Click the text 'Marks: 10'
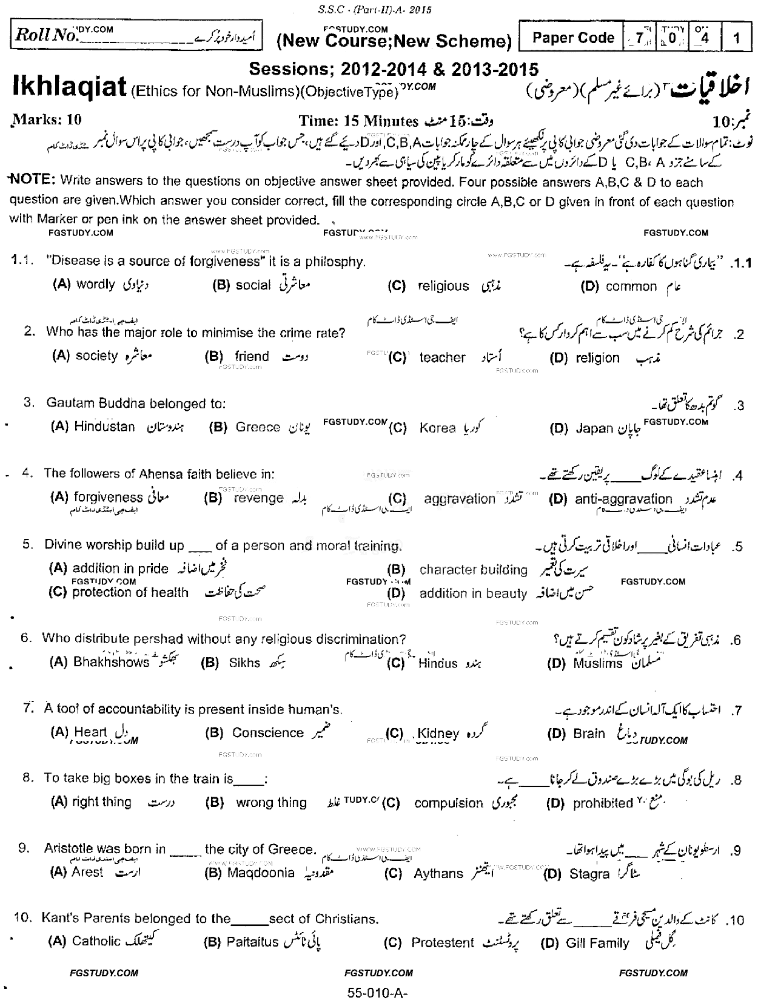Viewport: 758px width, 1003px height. [x=46, y=120]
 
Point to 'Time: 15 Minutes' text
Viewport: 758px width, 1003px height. [x=358, y=121]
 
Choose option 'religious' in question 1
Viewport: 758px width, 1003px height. [x=443, y=286]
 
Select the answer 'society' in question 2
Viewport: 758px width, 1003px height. [x=96, y=356]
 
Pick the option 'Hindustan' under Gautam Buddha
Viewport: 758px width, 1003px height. [x=104, y=427]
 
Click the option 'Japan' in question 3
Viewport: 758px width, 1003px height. [x=594, y=428]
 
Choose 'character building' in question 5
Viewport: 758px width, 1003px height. [x=473, y=570]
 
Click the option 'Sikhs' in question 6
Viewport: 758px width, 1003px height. [x=244, y=663]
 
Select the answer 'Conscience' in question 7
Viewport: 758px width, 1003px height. [x=267, y=733]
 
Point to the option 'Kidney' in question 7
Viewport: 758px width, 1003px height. [x=438, y=734]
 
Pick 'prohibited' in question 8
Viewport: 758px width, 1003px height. [x=603, y=803]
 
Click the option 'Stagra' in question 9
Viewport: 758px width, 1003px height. [x=589, y=874]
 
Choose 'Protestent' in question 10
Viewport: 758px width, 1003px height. [x=443, y=943]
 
